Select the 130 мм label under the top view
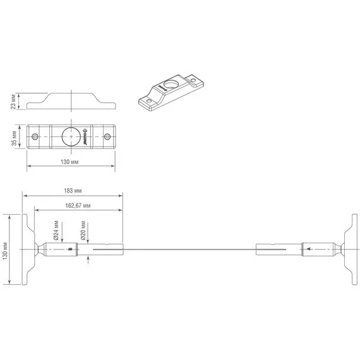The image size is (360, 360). [69, 163]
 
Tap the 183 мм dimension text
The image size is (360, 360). [74, 190]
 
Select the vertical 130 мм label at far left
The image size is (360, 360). [5, 249]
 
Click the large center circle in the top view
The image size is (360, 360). [71, 136]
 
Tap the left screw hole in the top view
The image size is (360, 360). [35, 136]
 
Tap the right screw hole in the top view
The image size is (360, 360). [107, 136]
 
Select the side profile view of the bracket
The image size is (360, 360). [71, 100]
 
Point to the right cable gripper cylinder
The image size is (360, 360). [319, 249]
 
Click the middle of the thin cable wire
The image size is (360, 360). [189, 249]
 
